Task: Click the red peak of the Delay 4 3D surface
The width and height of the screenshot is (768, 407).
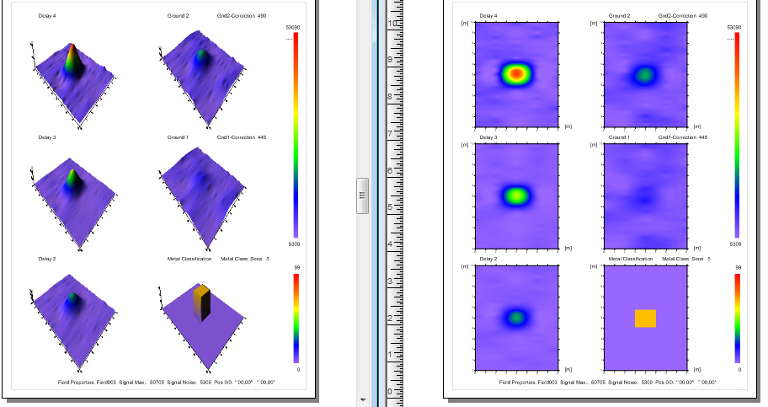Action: pos(72,50)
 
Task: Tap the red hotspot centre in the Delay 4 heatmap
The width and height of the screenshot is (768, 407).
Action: pos(517,73)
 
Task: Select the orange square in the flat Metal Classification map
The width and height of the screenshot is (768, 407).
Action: pos(645,318)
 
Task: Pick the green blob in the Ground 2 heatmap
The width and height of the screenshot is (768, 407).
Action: pos(645,74)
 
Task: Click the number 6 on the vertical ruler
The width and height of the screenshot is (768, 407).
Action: pos(389,169)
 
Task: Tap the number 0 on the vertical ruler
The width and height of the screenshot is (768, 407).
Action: pos(389,391)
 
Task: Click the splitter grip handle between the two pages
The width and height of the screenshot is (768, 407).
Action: pos(362,195)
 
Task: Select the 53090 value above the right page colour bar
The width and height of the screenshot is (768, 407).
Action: pos(734,28)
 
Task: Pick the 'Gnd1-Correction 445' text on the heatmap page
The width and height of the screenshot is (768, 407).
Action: pos(683,137)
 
